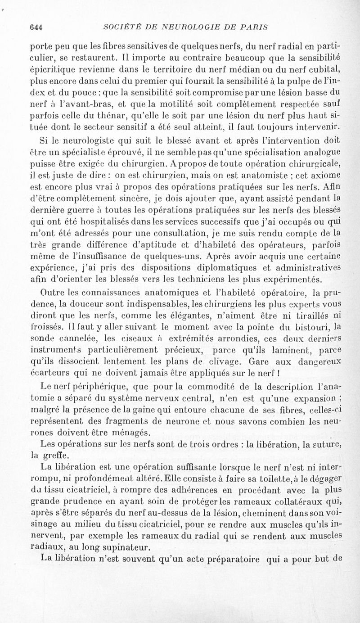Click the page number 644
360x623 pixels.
36,27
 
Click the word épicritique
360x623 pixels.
53,68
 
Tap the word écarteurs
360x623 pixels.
48,361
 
